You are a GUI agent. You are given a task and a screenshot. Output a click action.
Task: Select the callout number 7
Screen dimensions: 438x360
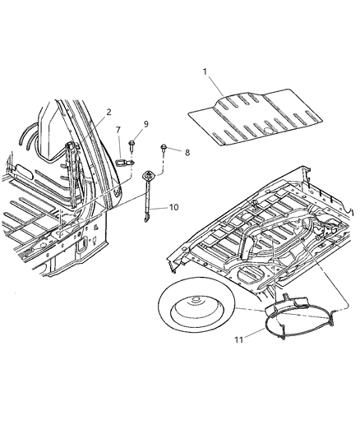[118, 130]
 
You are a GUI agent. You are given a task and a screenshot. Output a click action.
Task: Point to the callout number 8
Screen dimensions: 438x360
[187, 152]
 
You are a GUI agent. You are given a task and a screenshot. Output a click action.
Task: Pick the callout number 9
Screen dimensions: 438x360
[146, 124]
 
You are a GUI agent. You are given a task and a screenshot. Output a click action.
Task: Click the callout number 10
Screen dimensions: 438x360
[173, 207]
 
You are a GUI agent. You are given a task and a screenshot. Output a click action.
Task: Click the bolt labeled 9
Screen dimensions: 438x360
[132, 149]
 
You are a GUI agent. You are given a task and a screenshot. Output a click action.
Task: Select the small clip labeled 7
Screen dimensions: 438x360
[122, 161]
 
